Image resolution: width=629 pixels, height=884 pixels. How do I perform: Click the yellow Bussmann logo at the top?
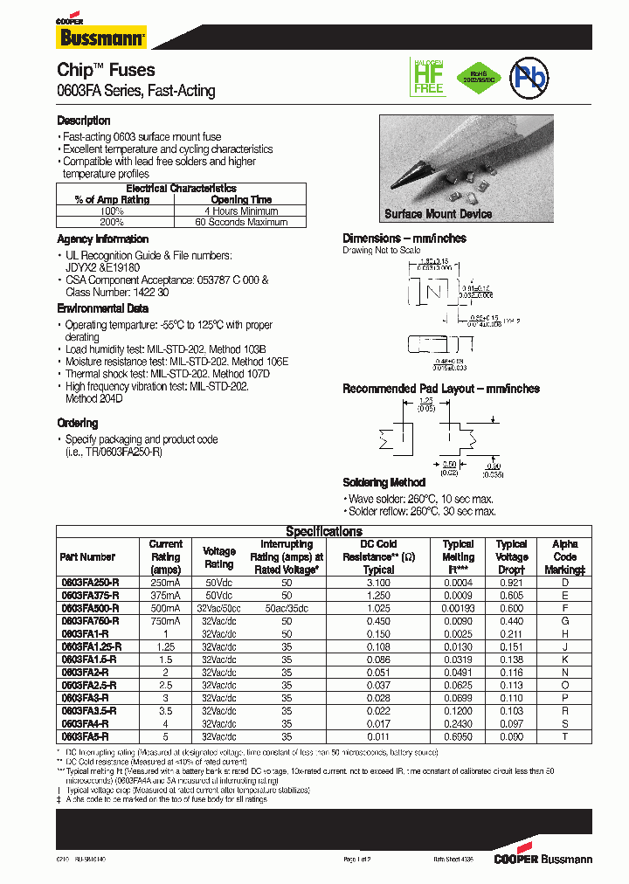tap(101, 37)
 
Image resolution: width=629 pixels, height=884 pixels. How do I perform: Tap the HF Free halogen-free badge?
tap(428, 77)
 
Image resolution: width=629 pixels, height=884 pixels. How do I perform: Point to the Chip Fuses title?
tap(106, 70)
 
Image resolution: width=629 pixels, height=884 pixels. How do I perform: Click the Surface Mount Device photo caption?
tap(439, 214)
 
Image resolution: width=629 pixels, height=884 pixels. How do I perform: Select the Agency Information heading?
tap(103, 239)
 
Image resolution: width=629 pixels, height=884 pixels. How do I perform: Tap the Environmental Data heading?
tap(103, 308)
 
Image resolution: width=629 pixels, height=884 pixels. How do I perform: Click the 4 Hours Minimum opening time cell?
tap(241, 211)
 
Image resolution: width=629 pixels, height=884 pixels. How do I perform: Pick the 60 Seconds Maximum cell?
tap(241, 222)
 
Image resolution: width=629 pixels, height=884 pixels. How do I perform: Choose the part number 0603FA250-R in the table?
tap(89, 582)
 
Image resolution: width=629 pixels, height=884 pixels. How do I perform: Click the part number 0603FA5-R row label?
tap(84, 737)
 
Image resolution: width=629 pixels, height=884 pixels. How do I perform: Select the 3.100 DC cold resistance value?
tap(378, 582)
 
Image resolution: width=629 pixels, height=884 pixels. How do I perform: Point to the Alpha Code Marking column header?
tap(565, 556)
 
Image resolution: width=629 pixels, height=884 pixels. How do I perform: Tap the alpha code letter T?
tap(565, 737)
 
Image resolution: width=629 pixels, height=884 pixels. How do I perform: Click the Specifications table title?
tap(324, 531)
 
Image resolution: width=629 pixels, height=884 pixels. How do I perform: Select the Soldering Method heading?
tap(384, 482)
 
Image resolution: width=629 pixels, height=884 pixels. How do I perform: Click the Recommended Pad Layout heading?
tap(440, 389)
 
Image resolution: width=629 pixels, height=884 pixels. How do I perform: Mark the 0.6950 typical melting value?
tap(458, 737)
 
